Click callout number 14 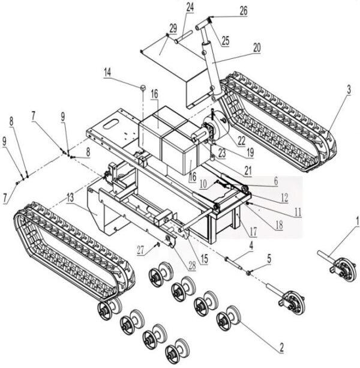pos(107,73)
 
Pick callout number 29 pos(172,28)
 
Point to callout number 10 pos(203,182)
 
